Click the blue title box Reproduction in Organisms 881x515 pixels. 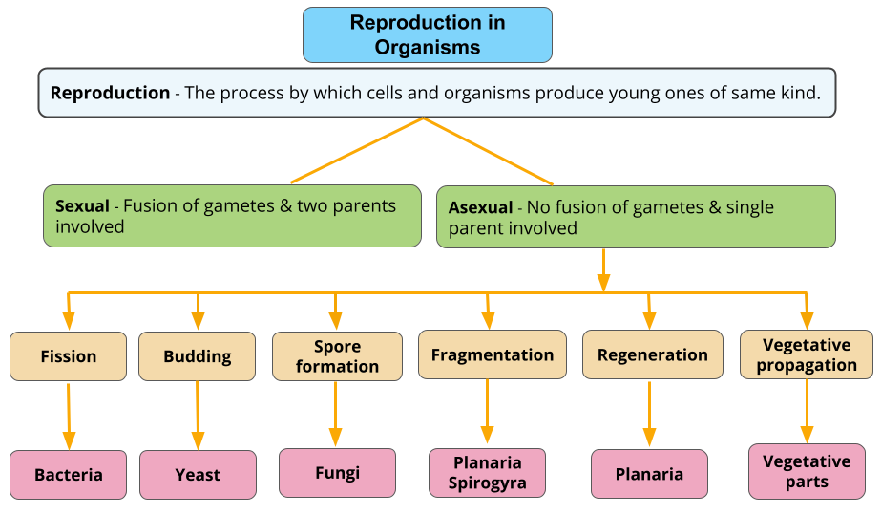428,35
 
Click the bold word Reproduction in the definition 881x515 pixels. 110,93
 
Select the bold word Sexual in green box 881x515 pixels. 82,205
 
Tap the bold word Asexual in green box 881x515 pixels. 480,207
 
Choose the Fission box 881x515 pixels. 68,356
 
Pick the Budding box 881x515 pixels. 198,356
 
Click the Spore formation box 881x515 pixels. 337,356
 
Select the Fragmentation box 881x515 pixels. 492,354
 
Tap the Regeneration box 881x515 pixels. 652,354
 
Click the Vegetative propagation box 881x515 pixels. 807,354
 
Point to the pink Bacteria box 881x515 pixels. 68,475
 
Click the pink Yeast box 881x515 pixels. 198,475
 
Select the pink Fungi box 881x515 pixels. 337,473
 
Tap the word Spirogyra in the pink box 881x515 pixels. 487,483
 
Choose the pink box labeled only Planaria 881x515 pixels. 649,474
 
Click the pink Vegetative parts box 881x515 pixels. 807,471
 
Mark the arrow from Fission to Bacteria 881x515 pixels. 68,416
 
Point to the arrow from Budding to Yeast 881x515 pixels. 198,416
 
